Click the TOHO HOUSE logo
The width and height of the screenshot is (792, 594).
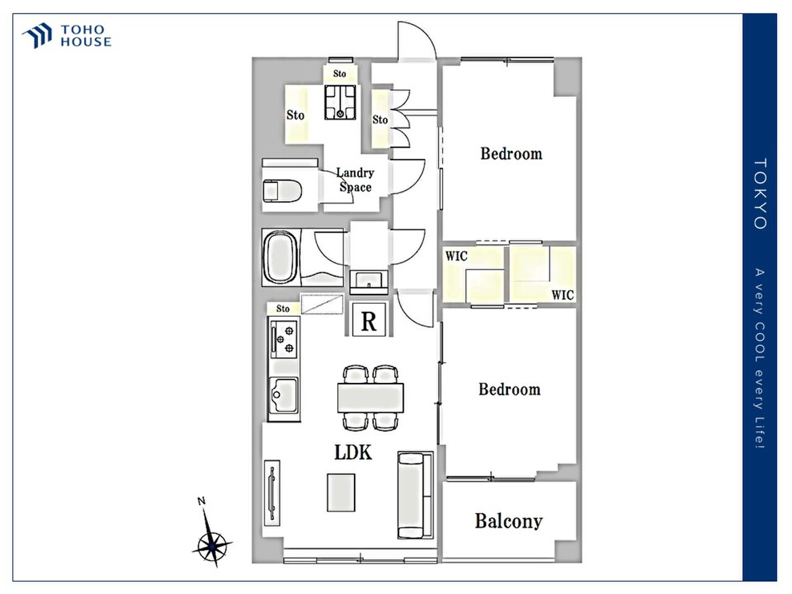click(67, 36)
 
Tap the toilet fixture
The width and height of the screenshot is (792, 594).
click(282, 191)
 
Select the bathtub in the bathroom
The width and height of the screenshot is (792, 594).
click(281, 257)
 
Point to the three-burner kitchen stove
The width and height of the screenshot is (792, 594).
click(284, 339)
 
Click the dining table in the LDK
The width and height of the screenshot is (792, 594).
click(371, 398)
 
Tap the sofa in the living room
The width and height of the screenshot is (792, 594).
click(415, 495)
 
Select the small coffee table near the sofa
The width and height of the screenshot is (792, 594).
click(341, 493)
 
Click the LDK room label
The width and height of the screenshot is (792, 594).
click(353, 453)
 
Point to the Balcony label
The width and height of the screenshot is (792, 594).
click(509, 522)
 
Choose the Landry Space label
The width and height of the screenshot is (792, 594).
click(355, 180)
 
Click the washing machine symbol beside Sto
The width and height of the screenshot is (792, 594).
click(340, 102)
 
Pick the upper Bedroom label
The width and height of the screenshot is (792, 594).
click(511, 153)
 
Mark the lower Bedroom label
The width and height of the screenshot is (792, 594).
click(509, 390)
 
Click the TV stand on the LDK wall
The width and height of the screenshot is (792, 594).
click(272, 493)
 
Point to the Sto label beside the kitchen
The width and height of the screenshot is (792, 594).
click(283, 309)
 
